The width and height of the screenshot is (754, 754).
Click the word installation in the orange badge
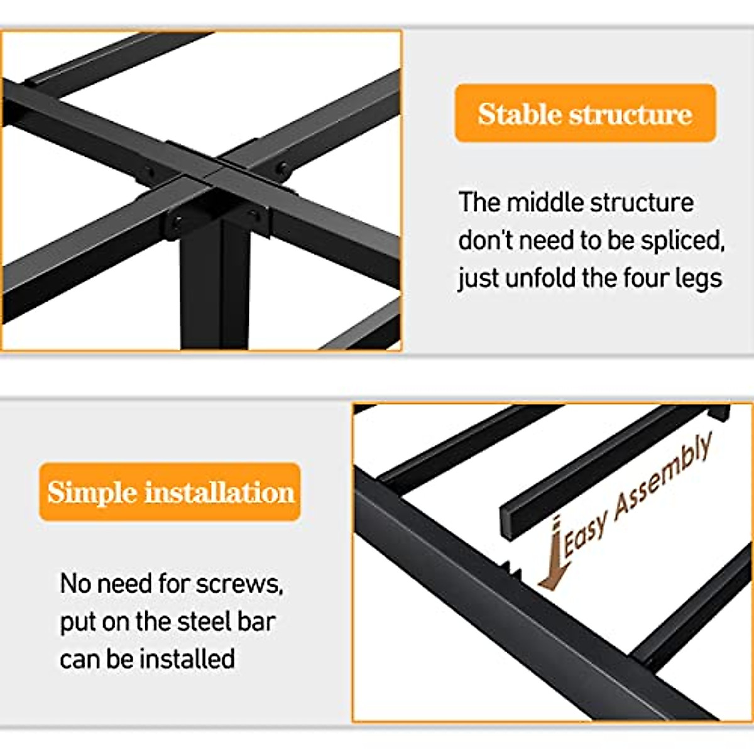219,492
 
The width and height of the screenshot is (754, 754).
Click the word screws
239,584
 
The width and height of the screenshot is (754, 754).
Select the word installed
187,659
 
